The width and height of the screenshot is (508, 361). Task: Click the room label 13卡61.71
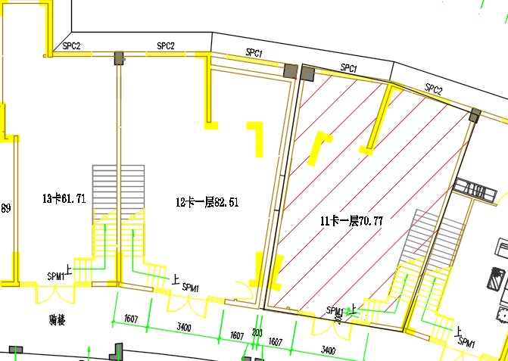tap(64, 199)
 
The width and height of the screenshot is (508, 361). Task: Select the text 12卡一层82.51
tap(207, 202)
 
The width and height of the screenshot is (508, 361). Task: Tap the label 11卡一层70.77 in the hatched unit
tap(351, 221)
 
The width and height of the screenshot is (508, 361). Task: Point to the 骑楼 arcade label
tap(57, 321)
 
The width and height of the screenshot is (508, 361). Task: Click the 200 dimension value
tap(257, 333)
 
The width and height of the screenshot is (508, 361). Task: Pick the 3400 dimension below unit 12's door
tap(183, 328)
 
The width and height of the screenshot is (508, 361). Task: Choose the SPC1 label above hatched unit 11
tap(348, 69)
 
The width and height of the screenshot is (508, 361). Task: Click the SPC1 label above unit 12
tap(254, 53)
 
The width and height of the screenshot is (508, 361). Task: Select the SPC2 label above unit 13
tap(72, 46)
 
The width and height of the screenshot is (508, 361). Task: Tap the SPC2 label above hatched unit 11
tap(433, 89)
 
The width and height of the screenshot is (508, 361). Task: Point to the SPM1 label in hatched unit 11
tap(335, 310)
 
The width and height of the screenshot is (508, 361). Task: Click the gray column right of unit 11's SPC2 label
tap(475, 115)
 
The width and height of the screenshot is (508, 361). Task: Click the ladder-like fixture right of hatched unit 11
tap(475, 189)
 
